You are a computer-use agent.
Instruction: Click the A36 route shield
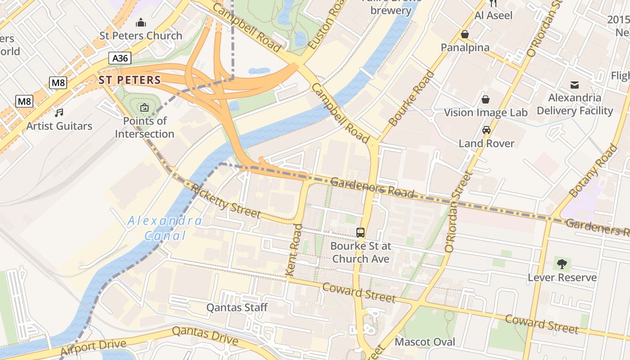pyautogui.click(x=120, y=58)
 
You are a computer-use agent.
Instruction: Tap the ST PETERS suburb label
pyautogui.click(x=130, y=80)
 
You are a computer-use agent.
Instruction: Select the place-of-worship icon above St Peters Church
pyautogui.click(x=141, y=22)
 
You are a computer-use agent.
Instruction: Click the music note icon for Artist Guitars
pyautogui.click(x=59, y=112)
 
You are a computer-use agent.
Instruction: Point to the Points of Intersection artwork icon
pyautogui.click(x=144, y=108)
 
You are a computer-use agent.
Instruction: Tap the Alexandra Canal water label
pyautogui.click(x=165, y=228)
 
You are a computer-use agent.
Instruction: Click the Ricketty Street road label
pyautogui.click(x=225, y=201)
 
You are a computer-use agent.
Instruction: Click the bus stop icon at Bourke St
pyautogui.click(x=360, y=233)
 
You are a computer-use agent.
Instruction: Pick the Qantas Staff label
pyautogui.click(x=237, y=308)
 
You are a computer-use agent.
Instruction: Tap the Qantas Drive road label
pyautogui.click(x=205, y=335)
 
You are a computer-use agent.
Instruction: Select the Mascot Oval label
pyautogui.click(x=425, y=342)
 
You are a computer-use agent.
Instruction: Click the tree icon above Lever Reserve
pyautogui.click(x=562, y=264)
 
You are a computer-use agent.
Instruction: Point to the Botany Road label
pyautogui.click(x=593, y=171)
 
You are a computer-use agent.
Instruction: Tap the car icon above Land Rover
pyautogui.click(x=486, y=130)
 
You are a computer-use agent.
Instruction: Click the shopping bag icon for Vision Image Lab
pyautogui.click(x=486, y=99)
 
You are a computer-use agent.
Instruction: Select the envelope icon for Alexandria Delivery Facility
pyautogui.click(x=575, y=85)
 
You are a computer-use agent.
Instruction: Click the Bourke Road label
pyautogui.click(x=411, y=99)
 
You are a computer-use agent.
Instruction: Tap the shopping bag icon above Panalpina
pyautogui.click(x=465, y=34)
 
